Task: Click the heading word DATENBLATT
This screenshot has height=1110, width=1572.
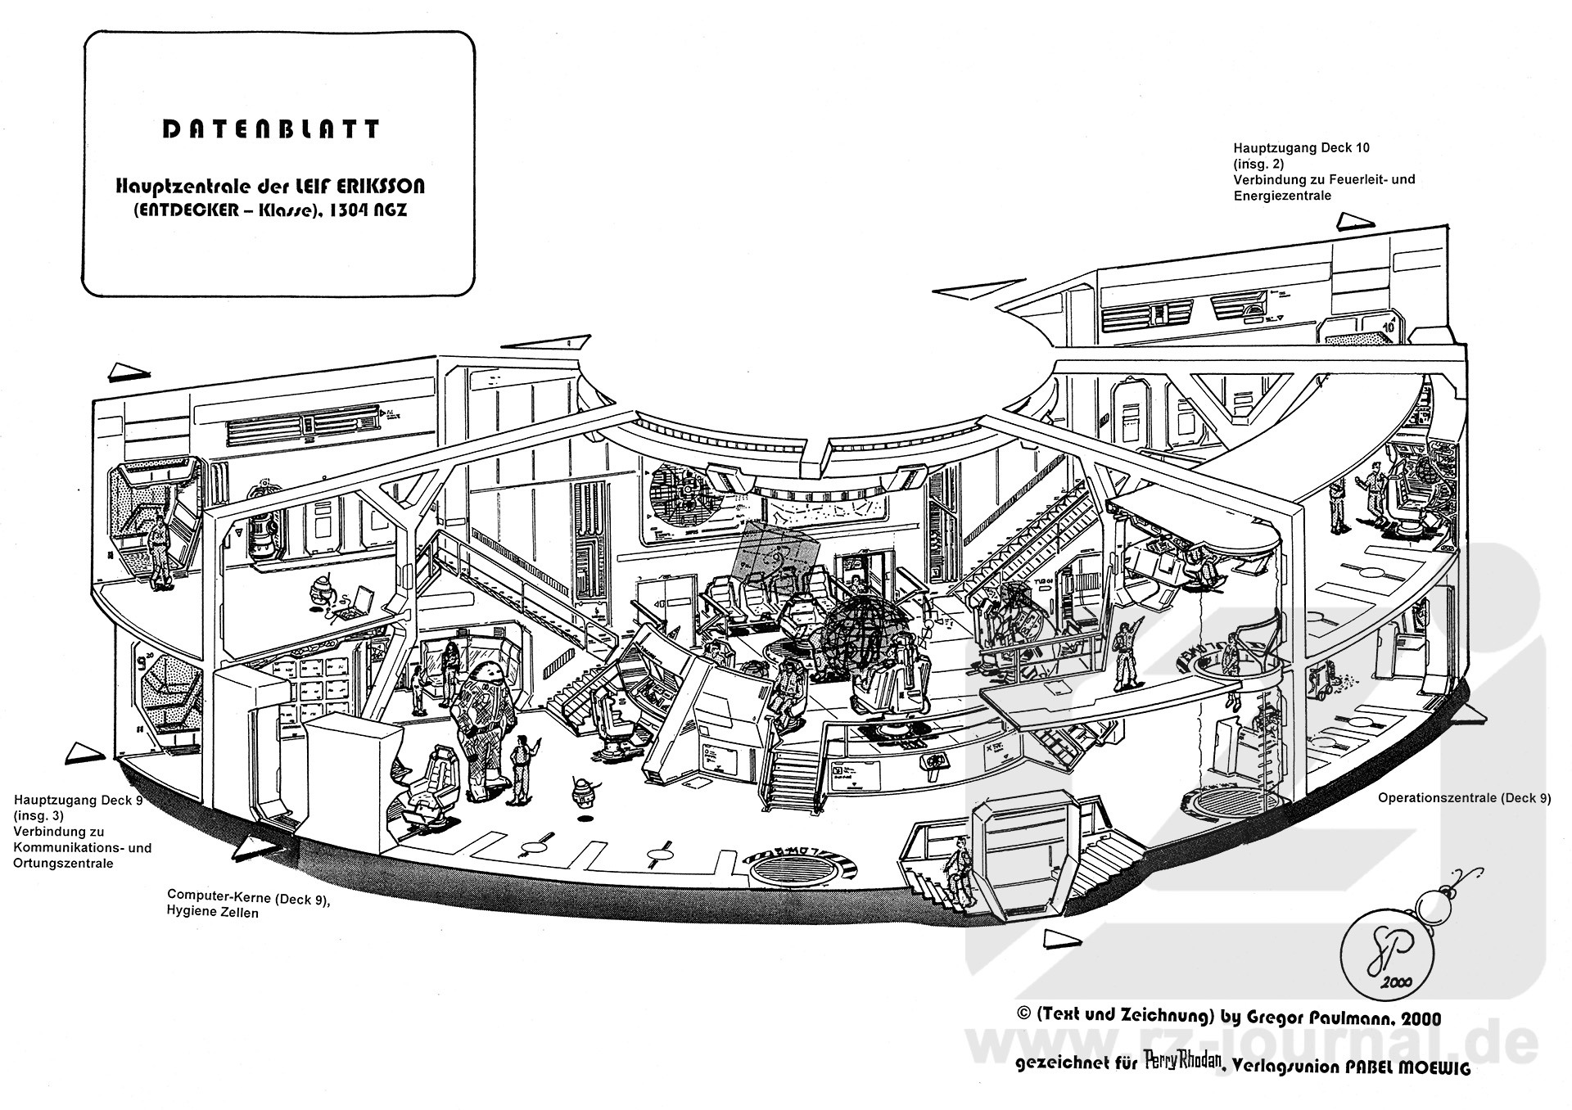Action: click(x=270, y=129)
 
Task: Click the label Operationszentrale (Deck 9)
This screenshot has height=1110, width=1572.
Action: click(x=1464, y=798)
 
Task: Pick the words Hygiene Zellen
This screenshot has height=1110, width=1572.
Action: click(x=212, y=912)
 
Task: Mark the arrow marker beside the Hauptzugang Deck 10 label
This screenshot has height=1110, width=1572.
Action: click(x=1356, y=221)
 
